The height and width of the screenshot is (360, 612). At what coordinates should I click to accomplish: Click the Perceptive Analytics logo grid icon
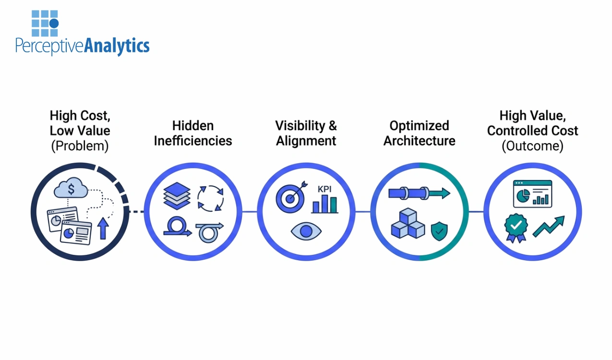click(45, 24)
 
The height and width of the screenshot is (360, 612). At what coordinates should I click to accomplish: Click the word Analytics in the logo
click(117, 46)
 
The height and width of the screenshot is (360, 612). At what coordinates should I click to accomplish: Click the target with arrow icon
click(290, 198)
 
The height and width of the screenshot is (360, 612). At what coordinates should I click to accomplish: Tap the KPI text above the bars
click(324, 188)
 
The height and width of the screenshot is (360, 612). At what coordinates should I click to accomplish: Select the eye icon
click(306, 231)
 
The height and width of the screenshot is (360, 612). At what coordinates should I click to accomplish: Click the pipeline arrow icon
click(419, 193)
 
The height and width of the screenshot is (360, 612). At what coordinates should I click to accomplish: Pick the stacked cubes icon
click(408, 225)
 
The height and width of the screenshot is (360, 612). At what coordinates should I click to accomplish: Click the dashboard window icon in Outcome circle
click(532, 194)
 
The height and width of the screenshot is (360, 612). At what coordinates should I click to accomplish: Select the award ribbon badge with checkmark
click(516, 228)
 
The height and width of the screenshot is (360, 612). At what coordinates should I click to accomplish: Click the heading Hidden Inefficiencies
click(193, 133)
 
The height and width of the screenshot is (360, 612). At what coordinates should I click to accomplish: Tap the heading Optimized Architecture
click(419, 133)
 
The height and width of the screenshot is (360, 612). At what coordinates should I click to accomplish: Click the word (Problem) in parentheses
click(80, 146)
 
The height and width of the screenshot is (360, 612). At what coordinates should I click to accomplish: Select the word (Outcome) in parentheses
click(532, 146)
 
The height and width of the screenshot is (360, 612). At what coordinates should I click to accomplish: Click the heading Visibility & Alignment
click(306, 133)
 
